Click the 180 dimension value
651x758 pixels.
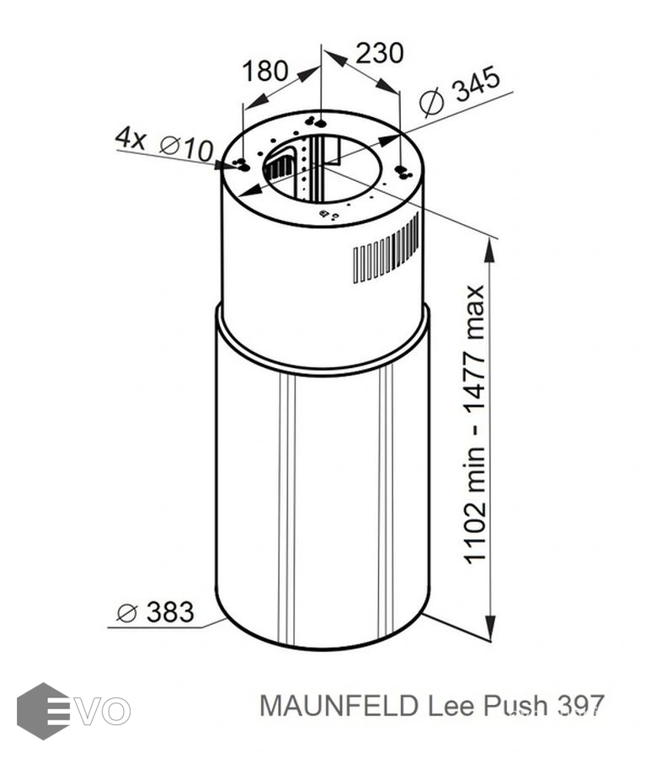264,71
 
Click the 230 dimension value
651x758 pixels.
379,53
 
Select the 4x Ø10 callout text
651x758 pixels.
164,143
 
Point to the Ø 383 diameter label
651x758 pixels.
155,612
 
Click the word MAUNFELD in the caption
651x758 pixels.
339,707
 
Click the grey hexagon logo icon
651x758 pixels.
43,711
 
